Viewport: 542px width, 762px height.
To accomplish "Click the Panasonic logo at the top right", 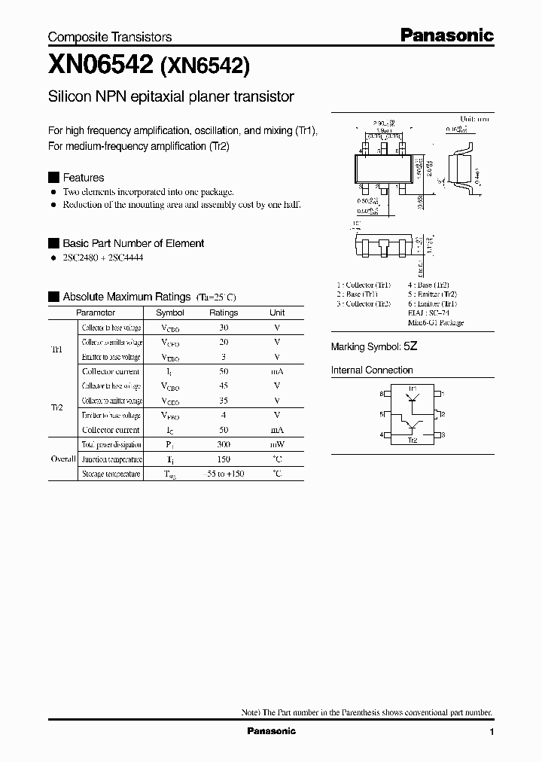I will pos(446,35).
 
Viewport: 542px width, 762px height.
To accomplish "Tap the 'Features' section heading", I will pos(83,178).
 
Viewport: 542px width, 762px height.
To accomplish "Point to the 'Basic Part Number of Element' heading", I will pos(132,243).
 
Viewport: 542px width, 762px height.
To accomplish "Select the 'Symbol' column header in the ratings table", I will pos(169,312).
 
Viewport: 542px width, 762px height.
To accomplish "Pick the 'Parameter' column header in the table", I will pos(96,312).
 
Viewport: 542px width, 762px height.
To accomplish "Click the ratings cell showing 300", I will pos(223,444).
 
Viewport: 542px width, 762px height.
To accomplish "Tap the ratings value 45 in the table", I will pos(223,386).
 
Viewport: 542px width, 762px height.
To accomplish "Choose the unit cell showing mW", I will pos(277,444).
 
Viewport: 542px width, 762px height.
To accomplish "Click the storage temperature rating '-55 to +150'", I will pos(223,474).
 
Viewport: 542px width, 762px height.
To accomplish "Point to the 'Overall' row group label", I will pos(62,459).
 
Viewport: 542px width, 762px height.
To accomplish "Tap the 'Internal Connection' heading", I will pos(372,370).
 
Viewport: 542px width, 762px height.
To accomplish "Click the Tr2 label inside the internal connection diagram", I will pos(412,440).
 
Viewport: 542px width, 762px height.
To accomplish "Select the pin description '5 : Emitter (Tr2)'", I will pos(432,294).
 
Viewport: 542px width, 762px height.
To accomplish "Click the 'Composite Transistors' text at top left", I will pos(110,37).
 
